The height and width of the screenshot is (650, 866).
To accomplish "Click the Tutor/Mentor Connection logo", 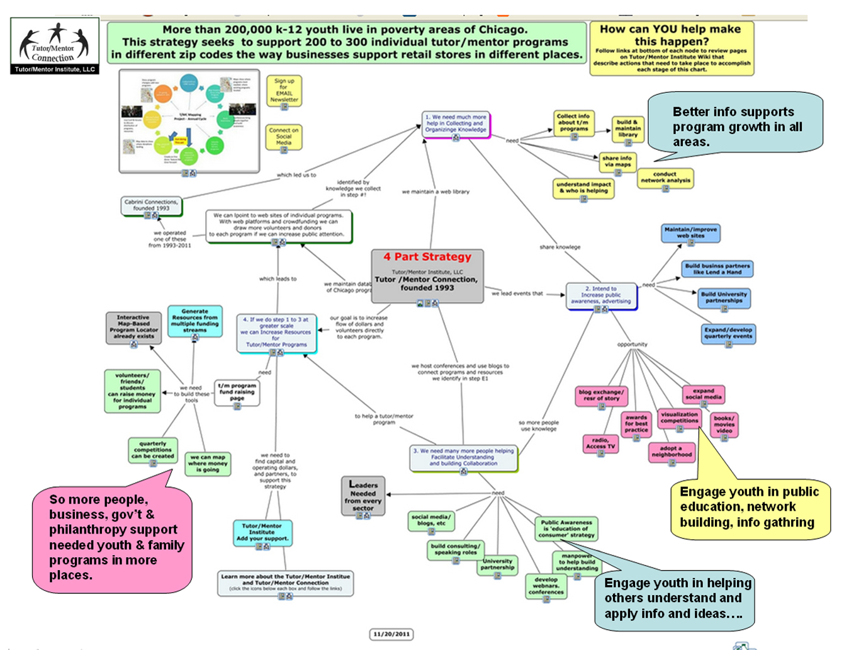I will click(55, 45).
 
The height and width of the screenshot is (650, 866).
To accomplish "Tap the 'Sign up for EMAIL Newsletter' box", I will click(284, 91).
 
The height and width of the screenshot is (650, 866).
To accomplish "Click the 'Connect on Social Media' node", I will click(284, 137).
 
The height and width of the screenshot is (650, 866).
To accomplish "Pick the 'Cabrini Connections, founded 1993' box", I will click(151, 205).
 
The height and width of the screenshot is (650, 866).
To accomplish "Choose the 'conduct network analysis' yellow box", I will click(665, 178).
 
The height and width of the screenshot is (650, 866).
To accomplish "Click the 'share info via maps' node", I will click(617, 162).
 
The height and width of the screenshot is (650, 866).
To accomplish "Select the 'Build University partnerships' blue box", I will click(724, 297).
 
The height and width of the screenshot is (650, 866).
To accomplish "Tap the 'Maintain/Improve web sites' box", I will click(690, 233).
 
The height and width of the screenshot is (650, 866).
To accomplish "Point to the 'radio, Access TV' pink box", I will click(600, 443).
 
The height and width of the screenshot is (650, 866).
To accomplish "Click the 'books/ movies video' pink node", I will click(724, 425).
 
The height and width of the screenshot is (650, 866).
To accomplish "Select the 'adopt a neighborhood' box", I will click(672, 452).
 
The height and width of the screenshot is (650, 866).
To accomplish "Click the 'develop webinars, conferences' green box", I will click(546, 586).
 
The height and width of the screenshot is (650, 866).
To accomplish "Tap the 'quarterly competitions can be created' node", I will click(153, 450).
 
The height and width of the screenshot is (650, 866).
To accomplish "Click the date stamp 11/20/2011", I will click(391, 634).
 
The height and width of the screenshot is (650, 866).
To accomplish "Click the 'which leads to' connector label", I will click(278, 278).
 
